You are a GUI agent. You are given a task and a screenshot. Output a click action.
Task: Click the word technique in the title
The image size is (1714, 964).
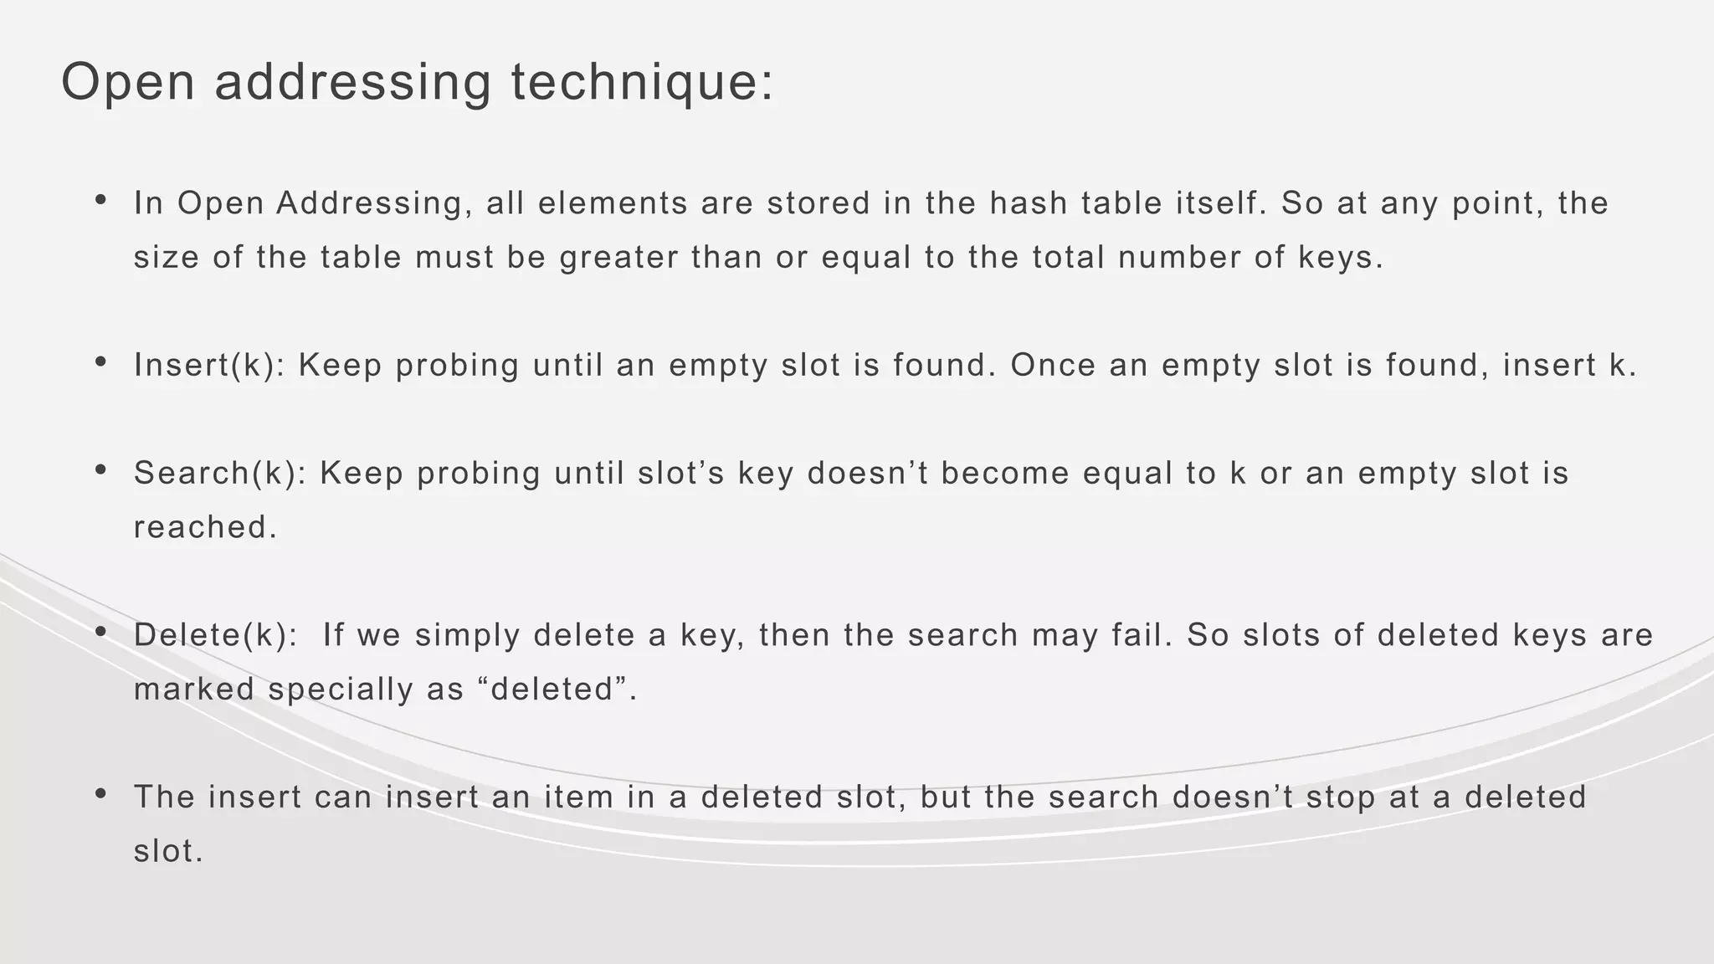642,83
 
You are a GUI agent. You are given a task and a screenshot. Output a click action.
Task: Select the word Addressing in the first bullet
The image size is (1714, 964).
369,203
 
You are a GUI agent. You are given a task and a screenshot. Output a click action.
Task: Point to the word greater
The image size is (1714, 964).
619,257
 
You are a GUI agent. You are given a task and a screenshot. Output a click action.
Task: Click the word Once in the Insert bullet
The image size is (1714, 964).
1053,365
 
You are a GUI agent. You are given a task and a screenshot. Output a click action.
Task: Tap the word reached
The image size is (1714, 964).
204,527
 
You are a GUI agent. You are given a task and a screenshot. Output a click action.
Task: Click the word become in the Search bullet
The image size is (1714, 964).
1005,474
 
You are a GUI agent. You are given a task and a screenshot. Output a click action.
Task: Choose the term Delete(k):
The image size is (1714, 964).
215,635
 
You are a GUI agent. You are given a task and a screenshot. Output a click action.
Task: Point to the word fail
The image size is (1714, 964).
1142,635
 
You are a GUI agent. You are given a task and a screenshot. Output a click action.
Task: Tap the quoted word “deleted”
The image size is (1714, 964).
553,690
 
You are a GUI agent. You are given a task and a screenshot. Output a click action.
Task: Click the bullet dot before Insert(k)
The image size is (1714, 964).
100,362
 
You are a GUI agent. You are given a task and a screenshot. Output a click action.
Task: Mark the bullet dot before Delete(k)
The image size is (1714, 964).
100,633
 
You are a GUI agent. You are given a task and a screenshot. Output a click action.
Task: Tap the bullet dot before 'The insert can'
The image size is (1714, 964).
100,794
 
